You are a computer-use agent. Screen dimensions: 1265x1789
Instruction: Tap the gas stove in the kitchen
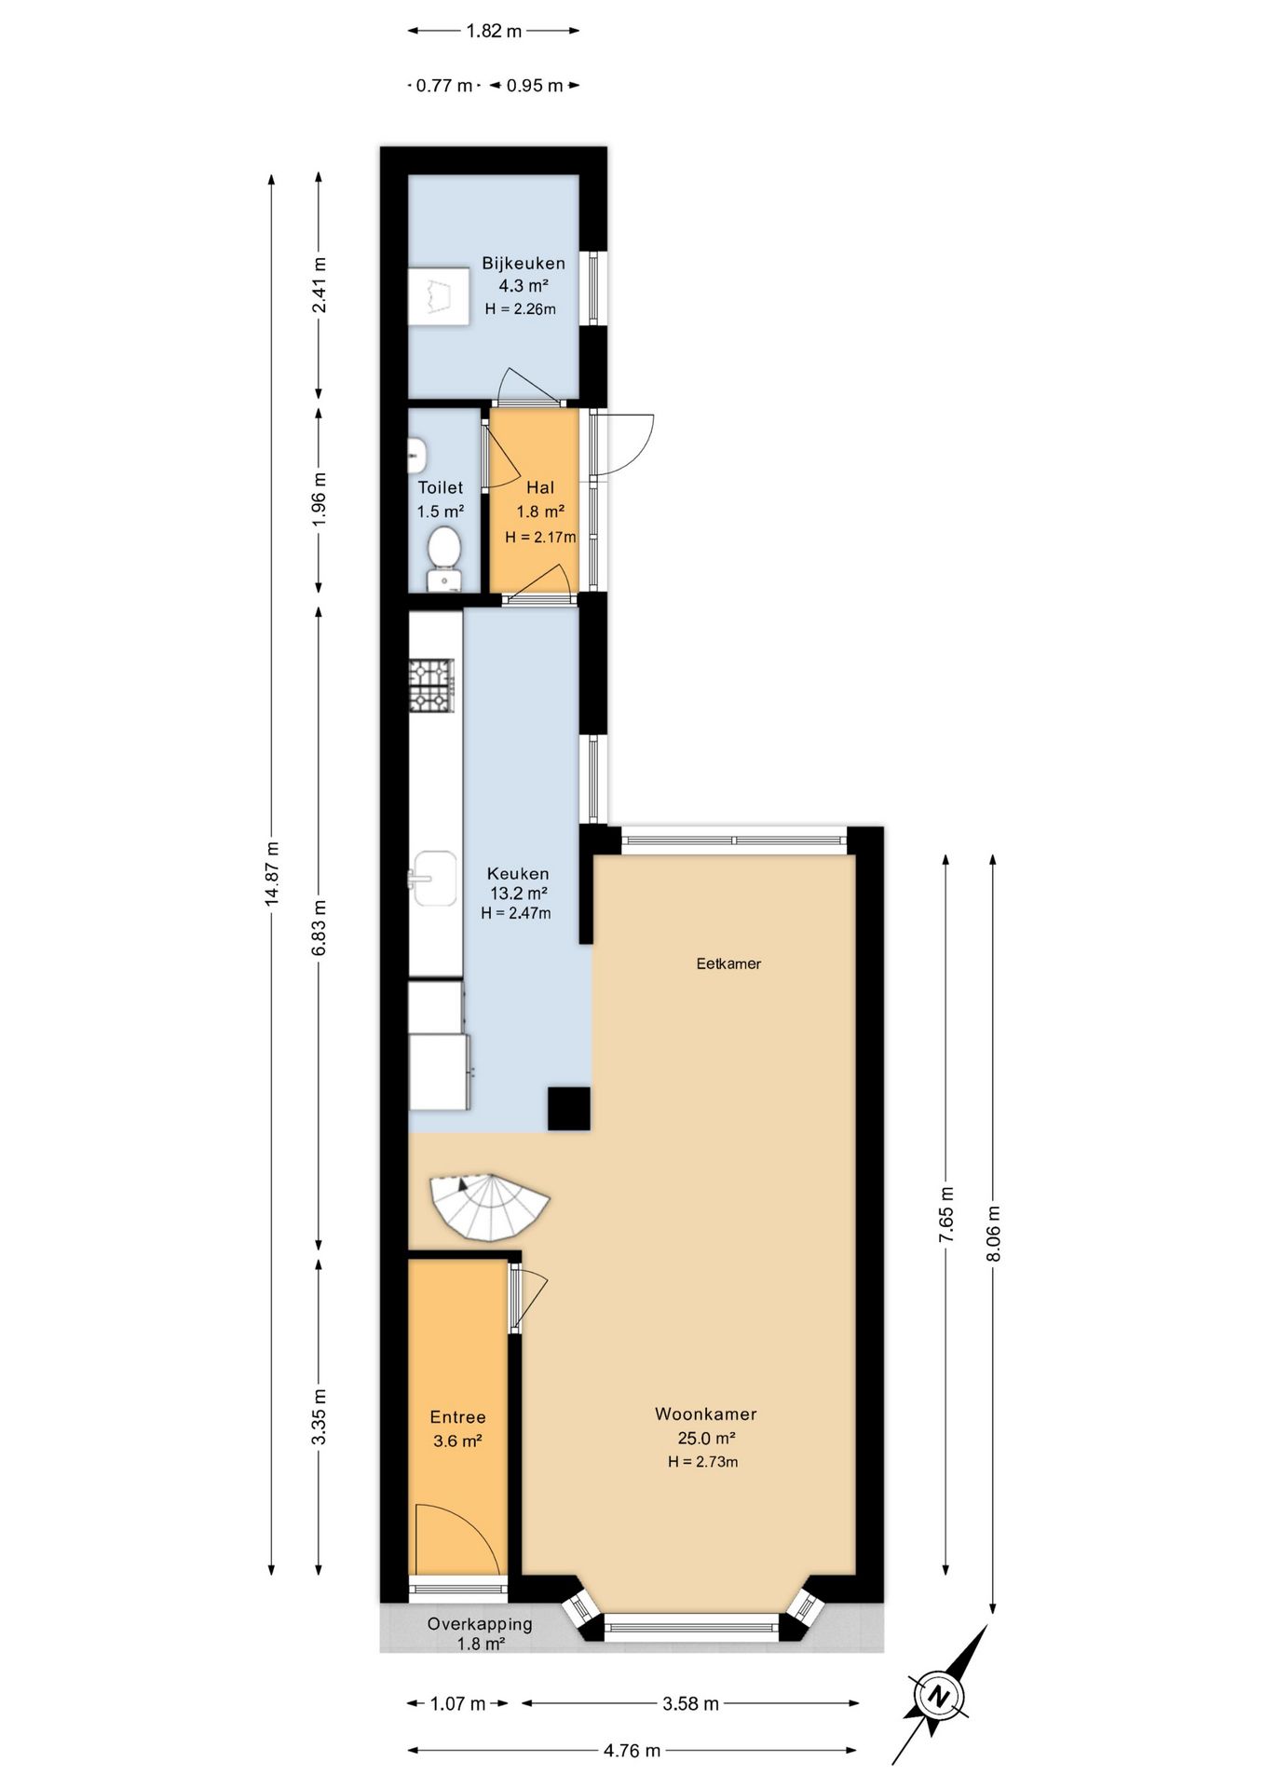(x=432, y=686)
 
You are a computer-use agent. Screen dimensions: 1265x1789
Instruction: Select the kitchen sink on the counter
(x=434, y=878)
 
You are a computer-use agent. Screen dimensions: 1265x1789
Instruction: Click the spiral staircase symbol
(x=489, y=1208)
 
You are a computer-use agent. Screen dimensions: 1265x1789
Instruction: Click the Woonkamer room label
(x=705, y=1413)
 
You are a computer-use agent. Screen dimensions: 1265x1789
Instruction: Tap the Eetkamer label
(x=728, y=963)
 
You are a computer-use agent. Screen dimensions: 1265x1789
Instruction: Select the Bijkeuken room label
(x=523, y=263)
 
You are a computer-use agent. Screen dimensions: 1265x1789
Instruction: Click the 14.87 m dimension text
(x=272, y=873)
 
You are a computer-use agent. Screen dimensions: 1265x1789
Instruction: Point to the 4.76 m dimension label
(x=632, y=1751)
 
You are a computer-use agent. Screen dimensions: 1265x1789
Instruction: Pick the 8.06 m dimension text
(x=994, y=1233)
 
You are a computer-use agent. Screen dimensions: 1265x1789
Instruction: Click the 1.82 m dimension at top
(x=494, y=31)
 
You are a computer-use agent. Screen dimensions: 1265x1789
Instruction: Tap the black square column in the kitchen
(x=568, y=1108)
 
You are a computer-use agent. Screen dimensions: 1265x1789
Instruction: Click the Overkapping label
(x=480, y=1624)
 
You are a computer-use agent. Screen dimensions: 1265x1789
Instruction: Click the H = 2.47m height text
(x=516, y=913)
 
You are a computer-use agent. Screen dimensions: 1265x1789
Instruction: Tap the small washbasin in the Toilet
(x=418, y=455)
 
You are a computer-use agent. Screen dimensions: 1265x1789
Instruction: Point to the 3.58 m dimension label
(x=690, y=1703)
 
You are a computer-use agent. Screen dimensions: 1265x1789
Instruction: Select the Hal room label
(x=540, y=487)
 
